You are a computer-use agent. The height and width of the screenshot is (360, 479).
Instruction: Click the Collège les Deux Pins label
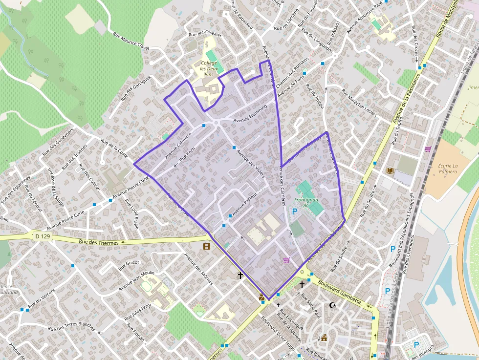209,69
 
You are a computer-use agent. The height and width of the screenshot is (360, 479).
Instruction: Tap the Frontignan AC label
305,203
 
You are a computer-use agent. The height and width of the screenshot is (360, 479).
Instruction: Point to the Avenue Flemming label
250,114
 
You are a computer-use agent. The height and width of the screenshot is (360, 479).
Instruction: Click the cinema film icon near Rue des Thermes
207,246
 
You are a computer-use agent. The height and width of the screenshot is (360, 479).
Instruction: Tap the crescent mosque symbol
333,305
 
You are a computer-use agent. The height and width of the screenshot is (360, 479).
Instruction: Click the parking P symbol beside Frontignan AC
294,212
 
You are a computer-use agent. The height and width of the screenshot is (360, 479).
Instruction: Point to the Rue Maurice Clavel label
131,41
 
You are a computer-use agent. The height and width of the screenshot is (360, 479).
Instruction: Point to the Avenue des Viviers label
250,163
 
